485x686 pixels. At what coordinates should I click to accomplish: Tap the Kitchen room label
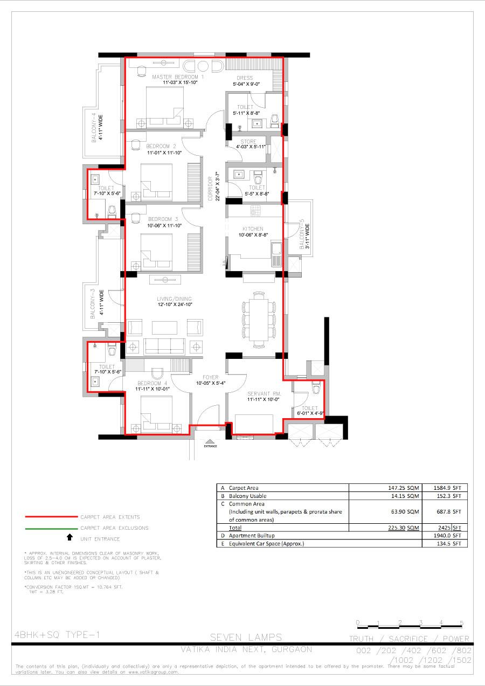(x=253, y=229)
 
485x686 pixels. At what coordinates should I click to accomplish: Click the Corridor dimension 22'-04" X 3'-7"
(x=217, y=186)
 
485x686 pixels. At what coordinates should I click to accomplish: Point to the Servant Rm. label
(x=261, y=393)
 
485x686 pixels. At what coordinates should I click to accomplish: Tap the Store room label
(x=248, y=142)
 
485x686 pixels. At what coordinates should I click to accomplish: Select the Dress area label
(x=244, y=78)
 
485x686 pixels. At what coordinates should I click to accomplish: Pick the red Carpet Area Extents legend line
(x=51, y=516)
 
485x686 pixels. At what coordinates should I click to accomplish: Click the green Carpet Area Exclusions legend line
(x=51, y=528)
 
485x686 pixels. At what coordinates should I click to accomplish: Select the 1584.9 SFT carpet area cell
(x=445, y=488)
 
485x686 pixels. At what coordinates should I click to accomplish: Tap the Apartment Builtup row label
(x=252, y=536)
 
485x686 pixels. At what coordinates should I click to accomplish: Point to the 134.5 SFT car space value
(x=448, y=544)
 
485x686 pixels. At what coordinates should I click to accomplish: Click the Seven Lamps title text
(x=246, y=638)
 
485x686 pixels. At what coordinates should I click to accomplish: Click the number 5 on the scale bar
(x=461, y=623)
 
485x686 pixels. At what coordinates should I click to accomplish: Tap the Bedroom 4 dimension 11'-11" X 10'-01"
(x=153, y=389)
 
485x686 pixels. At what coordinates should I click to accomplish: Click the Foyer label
(x=210, y=377)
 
